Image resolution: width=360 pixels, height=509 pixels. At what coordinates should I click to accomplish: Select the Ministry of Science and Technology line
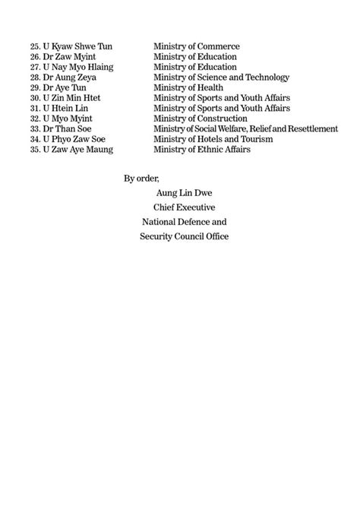221,77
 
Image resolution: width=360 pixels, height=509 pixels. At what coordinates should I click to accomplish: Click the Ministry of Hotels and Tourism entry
213,140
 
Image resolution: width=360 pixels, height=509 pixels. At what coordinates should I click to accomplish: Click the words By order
141,179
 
